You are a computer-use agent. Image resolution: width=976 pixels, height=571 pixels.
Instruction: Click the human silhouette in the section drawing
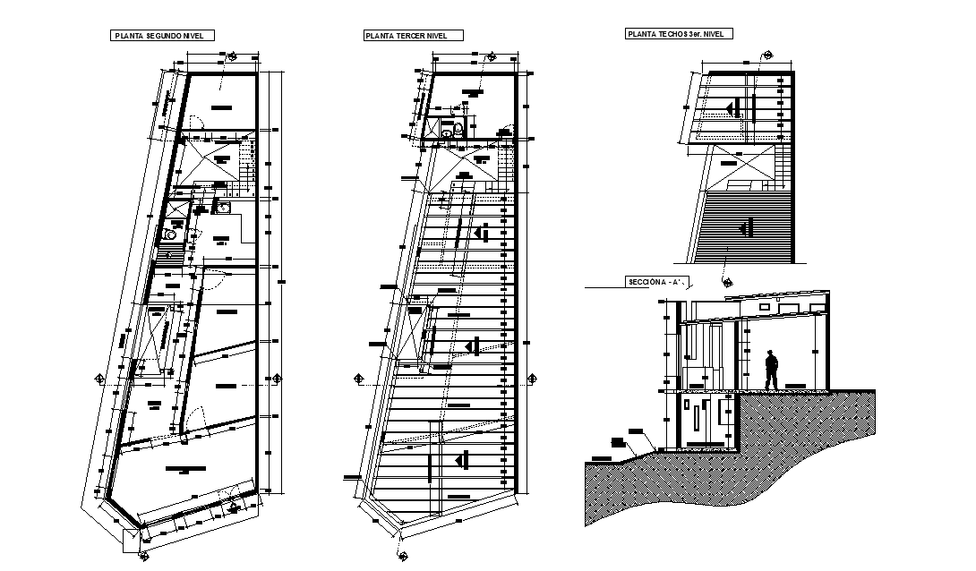coord(771,371)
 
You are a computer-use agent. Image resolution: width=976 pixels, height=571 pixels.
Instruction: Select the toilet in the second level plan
coord(168,236)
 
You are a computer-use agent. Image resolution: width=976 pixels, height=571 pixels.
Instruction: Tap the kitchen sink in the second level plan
coord(222,209)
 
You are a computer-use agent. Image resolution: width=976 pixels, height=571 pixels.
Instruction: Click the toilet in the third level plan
coord(458,131)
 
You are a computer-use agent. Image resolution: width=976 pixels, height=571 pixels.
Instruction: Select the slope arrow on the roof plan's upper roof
coord(732,108)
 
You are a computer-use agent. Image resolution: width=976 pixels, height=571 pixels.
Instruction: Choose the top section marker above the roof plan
coord(764,55)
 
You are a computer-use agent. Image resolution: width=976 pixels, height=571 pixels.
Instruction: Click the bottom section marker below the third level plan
coord(397,537)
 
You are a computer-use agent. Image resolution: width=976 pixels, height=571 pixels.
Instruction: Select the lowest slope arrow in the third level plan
coord(461,460)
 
